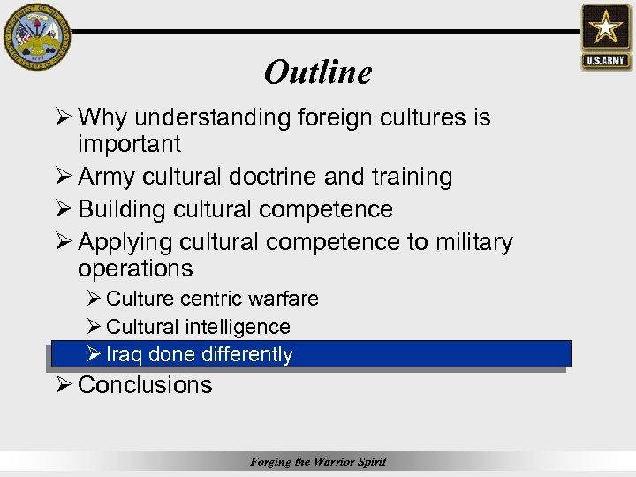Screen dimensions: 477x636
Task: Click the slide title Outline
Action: (318, 72)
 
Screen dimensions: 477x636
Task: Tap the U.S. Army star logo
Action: (606, 36)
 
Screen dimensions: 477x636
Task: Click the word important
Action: (129, 144)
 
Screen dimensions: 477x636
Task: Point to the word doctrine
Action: (265, 177)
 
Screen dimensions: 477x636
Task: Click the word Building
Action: (123, 209)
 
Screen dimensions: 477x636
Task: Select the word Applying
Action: (125, 243)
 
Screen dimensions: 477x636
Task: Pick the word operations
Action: (134, 268)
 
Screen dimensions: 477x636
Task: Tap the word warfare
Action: (284, 299)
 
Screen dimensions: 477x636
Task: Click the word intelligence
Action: (238, 327)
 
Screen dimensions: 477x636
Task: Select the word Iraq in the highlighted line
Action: (125, 355)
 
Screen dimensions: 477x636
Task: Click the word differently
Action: (246, 355)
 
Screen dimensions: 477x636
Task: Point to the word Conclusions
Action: (145, 385)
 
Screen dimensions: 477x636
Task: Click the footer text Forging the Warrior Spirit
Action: (318, 461)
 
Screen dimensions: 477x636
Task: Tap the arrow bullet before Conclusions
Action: (62, 385)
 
